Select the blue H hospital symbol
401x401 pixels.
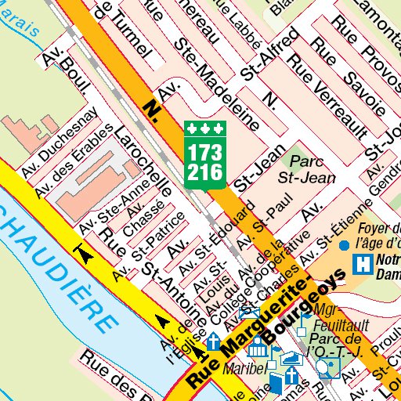click(x=361, y=265)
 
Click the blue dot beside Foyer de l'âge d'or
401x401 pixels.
click(x=344, y=245)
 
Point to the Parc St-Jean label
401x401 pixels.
click(x=307, y=169)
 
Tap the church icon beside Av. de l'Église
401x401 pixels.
click(x=213, y=341)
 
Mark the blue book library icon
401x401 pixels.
click(x=276, y=383)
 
